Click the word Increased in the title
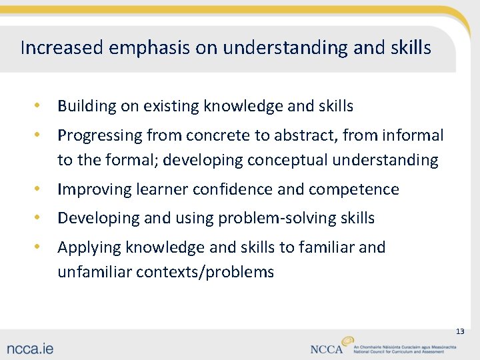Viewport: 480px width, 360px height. point(61,48)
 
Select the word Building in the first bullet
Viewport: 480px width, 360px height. point(83,106)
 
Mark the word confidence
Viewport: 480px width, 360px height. point(233,189)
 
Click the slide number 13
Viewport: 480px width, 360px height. point(459,331)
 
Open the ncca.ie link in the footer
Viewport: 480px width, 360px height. point(31,348)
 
